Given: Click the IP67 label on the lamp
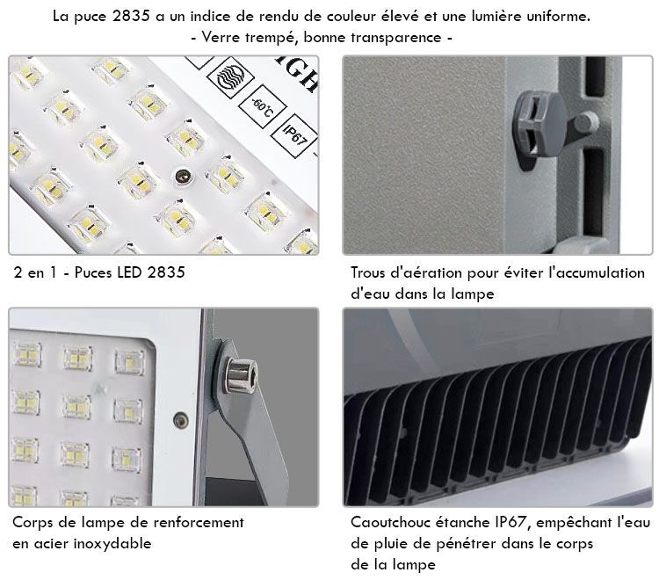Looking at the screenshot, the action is (x=294, y=135).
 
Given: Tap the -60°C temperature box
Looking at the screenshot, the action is (x=262, y=107).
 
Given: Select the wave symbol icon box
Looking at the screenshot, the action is (x=230, y=77).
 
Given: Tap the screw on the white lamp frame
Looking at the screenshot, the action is (x=181, y=419).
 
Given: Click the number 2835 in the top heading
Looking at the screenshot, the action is (x=131, y=16).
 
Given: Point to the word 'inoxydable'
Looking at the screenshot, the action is (x=112, y=544).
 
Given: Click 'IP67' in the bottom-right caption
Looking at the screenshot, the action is (x=511, y=522).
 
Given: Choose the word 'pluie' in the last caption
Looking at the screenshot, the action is (x=389, y=544).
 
